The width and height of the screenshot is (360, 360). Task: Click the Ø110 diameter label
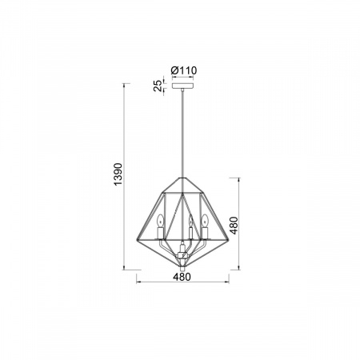(x=184, y=70)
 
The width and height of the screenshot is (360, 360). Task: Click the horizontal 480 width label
(x=182, y=277)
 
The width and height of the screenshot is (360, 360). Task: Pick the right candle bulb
(x=205, y=220)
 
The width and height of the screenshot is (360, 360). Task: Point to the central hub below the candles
(x=183, y=254)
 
